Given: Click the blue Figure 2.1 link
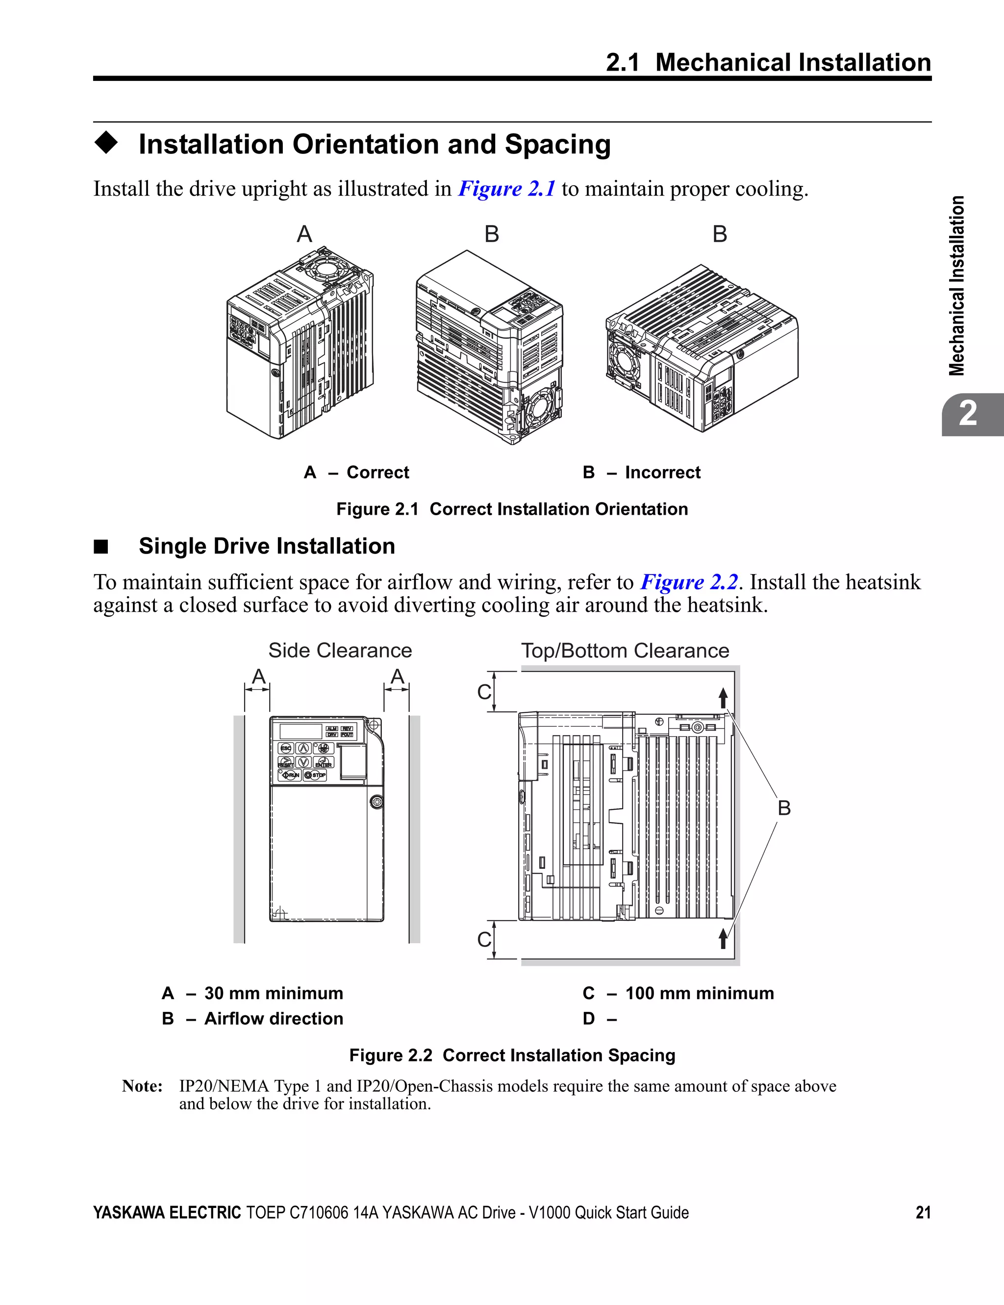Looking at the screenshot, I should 506,189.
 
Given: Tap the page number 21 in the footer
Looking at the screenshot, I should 923,1212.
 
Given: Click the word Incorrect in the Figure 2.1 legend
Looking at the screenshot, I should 662,473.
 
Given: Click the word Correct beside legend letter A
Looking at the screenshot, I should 377,473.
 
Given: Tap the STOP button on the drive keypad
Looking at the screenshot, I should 316,775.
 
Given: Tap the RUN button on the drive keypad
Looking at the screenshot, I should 290,775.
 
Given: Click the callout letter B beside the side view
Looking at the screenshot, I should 784,808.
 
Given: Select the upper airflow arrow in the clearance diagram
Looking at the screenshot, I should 723,698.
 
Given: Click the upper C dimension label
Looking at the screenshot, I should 483,692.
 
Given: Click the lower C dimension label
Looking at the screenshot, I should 483,940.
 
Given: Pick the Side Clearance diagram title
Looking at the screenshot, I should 340,651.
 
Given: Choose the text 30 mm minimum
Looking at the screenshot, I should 274,993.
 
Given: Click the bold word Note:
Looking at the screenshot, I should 142,1086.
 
